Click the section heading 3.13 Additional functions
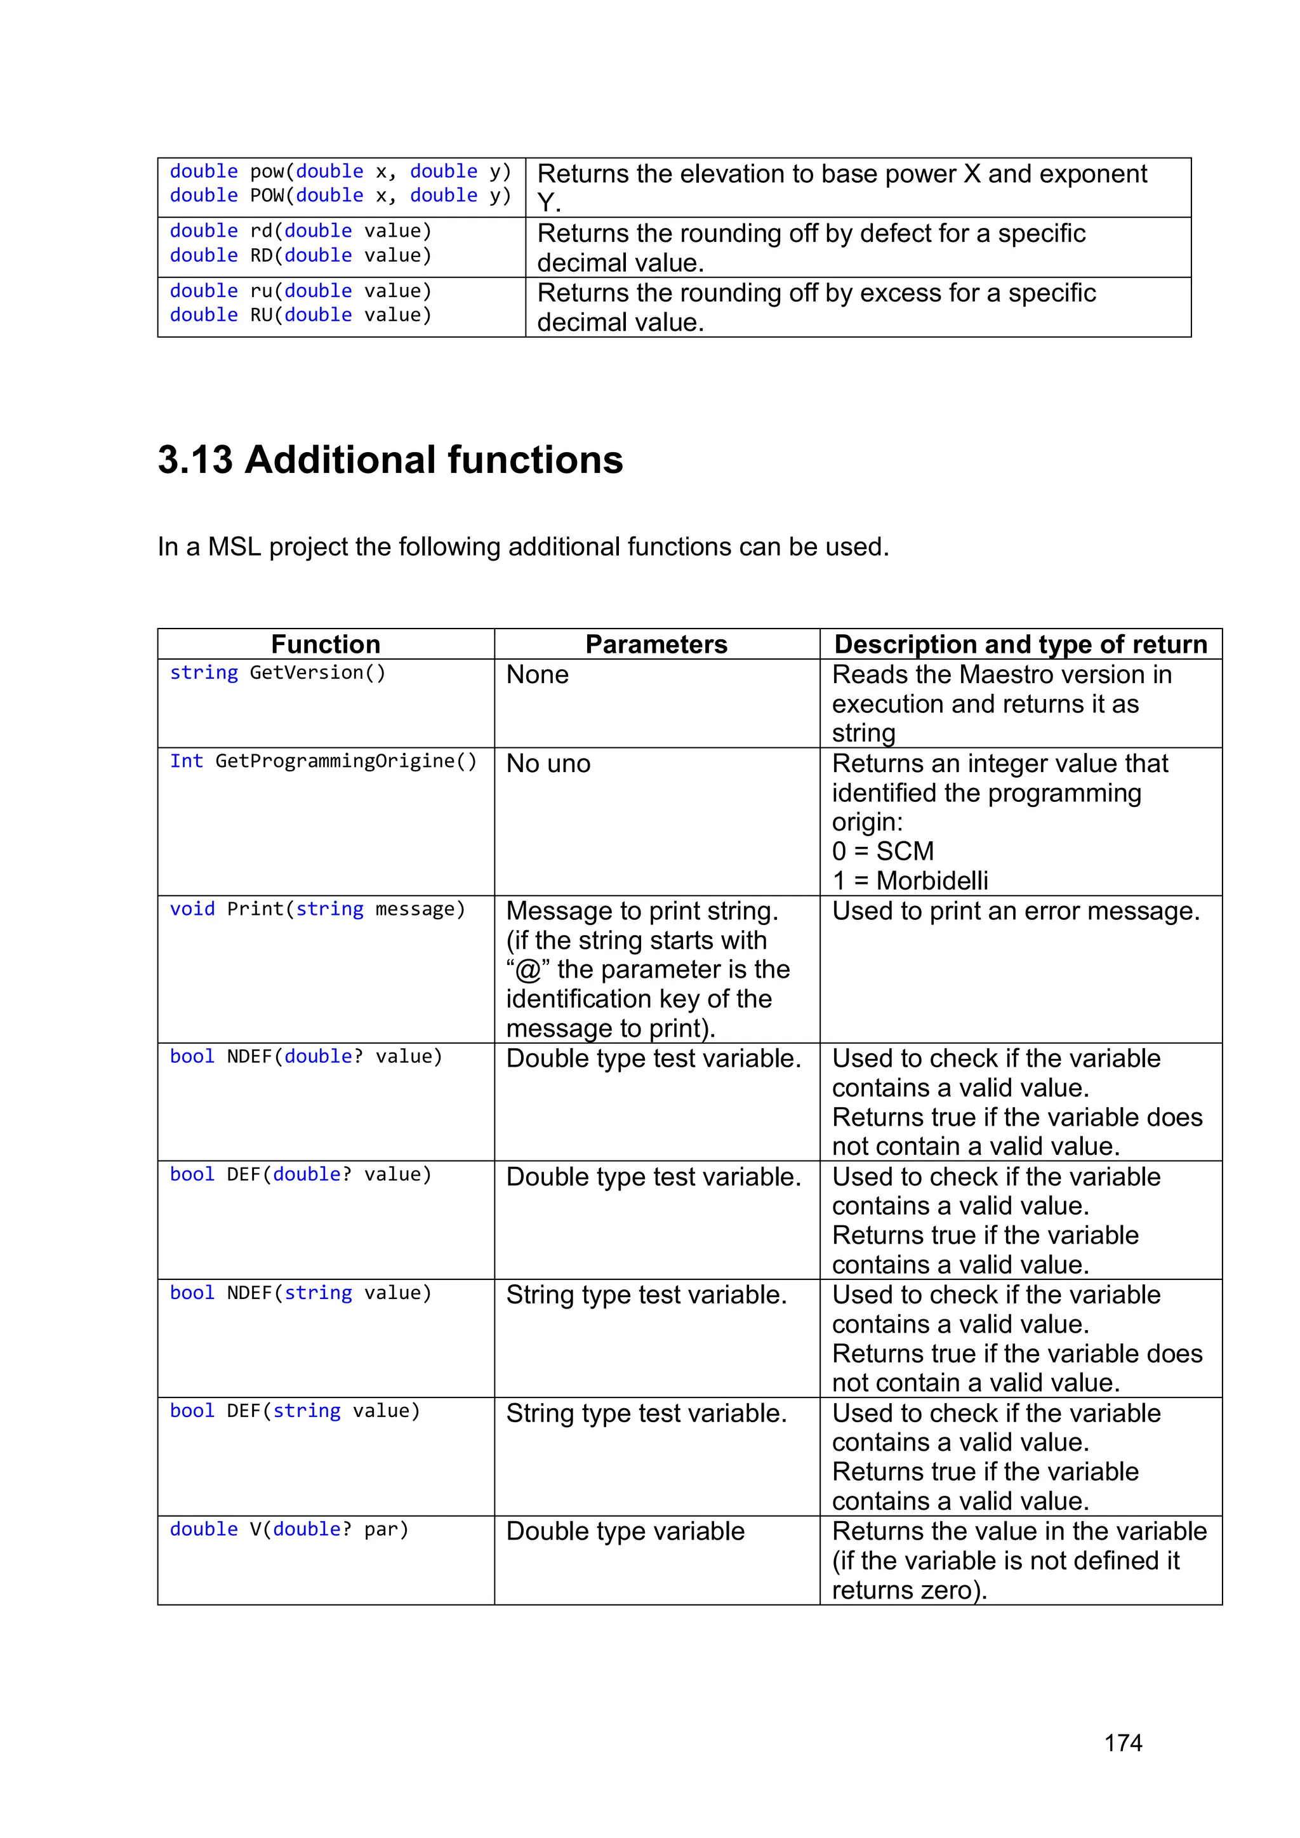pos(390,460)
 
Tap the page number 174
pos(1122,1742)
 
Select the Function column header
pos(325,644)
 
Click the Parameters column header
pos(656,644)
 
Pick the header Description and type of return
pos(1020,644)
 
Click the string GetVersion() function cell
pos(278,672)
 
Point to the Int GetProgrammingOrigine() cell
pos(322,761)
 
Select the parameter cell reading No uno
pos(548,764)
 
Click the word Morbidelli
pos(932,881)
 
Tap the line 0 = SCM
pos(882,851)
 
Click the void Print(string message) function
pos(317,909)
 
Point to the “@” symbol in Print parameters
pos(527,970)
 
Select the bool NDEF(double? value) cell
pos(306,1056)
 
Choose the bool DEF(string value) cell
pos(295,1411)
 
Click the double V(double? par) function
pos(289,1530)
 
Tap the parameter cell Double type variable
pos(625,1531)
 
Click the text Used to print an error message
pos(1015,911)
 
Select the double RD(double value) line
pos(300,255)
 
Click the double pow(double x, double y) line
pos(340,171)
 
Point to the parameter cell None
pos(537,675)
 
